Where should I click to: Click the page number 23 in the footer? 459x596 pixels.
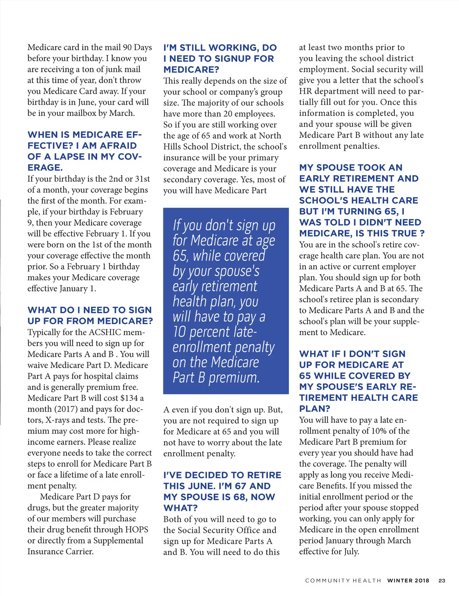point(442,580)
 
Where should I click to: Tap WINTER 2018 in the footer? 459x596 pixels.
point(408,580)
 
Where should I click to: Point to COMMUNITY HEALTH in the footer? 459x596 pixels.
point(343,580)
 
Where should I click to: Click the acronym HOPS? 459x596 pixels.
point(137,529)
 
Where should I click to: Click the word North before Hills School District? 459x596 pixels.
point(270,136)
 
